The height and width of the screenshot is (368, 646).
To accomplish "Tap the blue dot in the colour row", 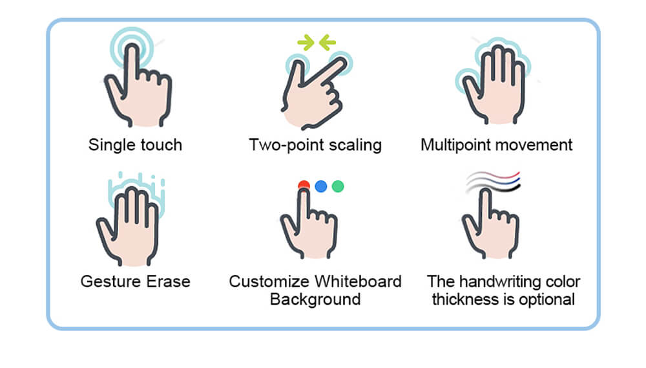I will [321, 186].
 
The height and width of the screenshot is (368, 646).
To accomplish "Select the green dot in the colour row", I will [338, 186].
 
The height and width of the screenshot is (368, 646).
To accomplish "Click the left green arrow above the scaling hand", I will [305, 43].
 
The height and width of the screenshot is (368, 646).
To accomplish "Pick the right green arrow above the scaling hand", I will [328, 43].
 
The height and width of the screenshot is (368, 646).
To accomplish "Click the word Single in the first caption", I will [109, 144].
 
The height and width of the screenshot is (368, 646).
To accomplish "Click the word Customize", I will [269, 281].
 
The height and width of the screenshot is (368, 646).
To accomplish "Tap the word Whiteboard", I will [358, 281].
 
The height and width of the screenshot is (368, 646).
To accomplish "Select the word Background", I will [315, 299].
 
